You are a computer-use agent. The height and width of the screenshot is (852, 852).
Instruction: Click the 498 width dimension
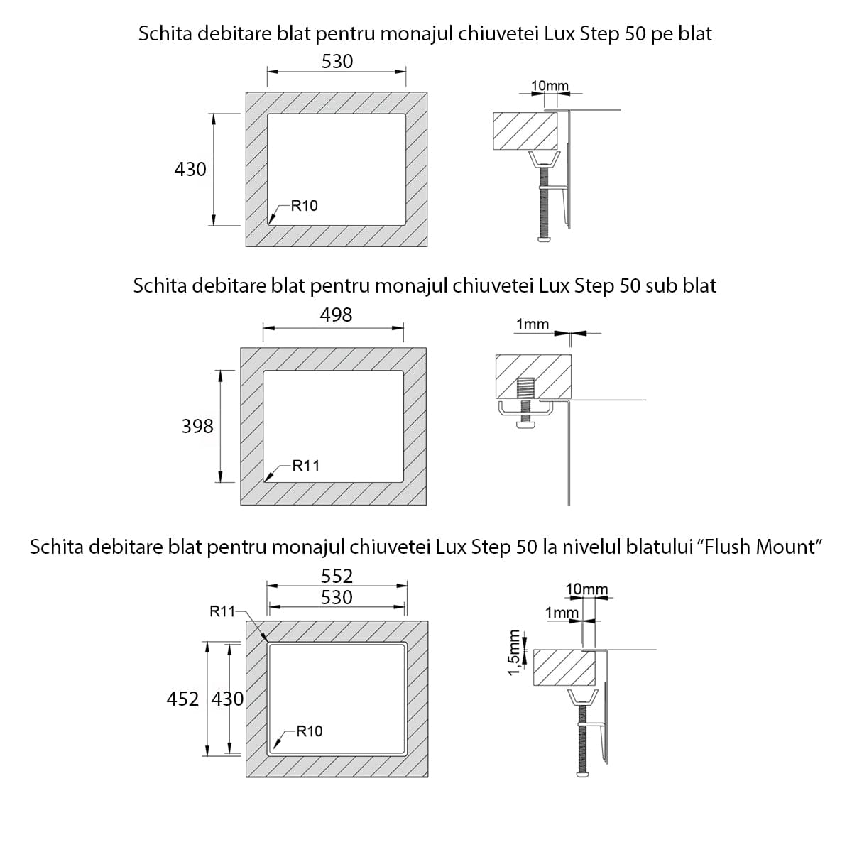point(336,315)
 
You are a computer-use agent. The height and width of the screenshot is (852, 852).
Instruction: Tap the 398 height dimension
point(197,426)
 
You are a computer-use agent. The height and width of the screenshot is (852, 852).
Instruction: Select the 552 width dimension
point(337,576)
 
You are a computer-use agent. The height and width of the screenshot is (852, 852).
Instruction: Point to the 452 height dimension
point(182,699)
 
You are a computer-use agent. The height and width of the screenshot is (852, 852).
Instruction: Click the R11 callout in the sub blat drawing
point(306,466)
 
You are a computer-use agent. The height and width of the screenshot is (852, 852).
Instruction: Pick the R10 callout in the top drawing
point(304,206)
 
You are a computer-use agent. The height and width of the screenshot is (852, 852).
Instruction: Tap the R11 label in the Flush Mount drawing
point(222,611)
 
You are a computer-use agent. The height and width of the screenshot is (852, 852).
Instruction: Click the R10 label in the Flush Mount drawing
point(309,731)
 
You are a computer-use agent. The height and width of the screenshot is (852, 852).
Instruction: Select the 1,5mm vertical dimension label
point(515,652)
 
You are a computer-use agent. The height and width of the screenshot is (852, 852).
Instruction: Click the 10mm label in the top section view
point(550,86)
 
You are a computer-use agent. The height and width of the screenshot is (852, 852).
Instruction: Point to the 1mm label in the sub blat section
point(532,324)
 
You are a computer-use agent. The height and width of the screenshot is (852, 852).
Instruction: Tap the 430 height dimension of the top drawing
point(190,169)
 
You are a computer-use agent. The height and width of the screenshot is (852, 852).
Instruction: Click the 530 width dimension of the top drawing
point(337,62)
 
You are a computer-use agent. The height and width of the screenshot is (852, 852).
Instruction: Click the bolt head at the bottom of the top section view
point(545,239)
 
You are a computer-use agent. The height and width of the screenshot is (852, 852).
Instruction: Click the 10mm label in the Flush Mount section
point(586,589)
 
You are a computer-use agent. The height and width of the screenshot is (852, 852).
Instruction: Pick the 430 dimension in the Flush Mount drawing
point(228,699)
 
